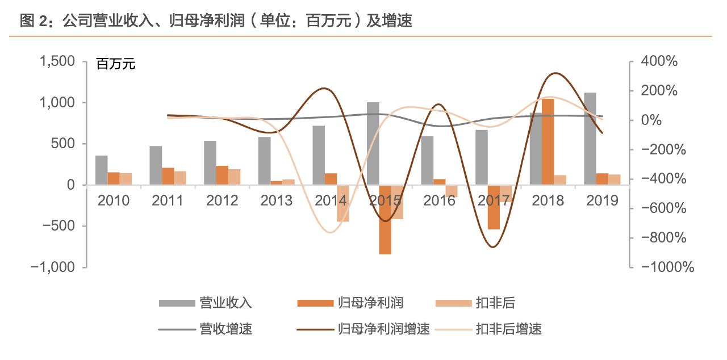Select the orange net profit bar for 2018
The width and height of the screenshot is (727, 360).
[x=548, y=141]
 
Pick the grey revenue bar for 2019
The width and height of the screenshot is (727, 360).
[x=590, y=139]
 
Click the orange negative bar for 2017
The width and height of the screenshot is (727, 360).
[x=494, y=207]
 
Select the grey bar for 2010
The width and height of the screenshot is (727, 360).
[x=101, y=170]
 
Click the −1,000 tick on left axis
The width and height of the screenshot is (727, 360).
[x=55, y=267]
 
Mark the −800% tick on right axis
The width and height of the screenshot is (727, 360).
[x=665, y=237]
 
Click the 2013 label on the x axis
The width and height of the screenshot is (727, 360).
[x=276, y=200]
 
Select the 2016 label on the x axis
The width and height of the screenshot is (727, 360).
[x=439, y=200]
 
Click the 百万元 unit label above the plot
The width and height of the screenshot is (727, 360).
[x=116, y=64]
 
